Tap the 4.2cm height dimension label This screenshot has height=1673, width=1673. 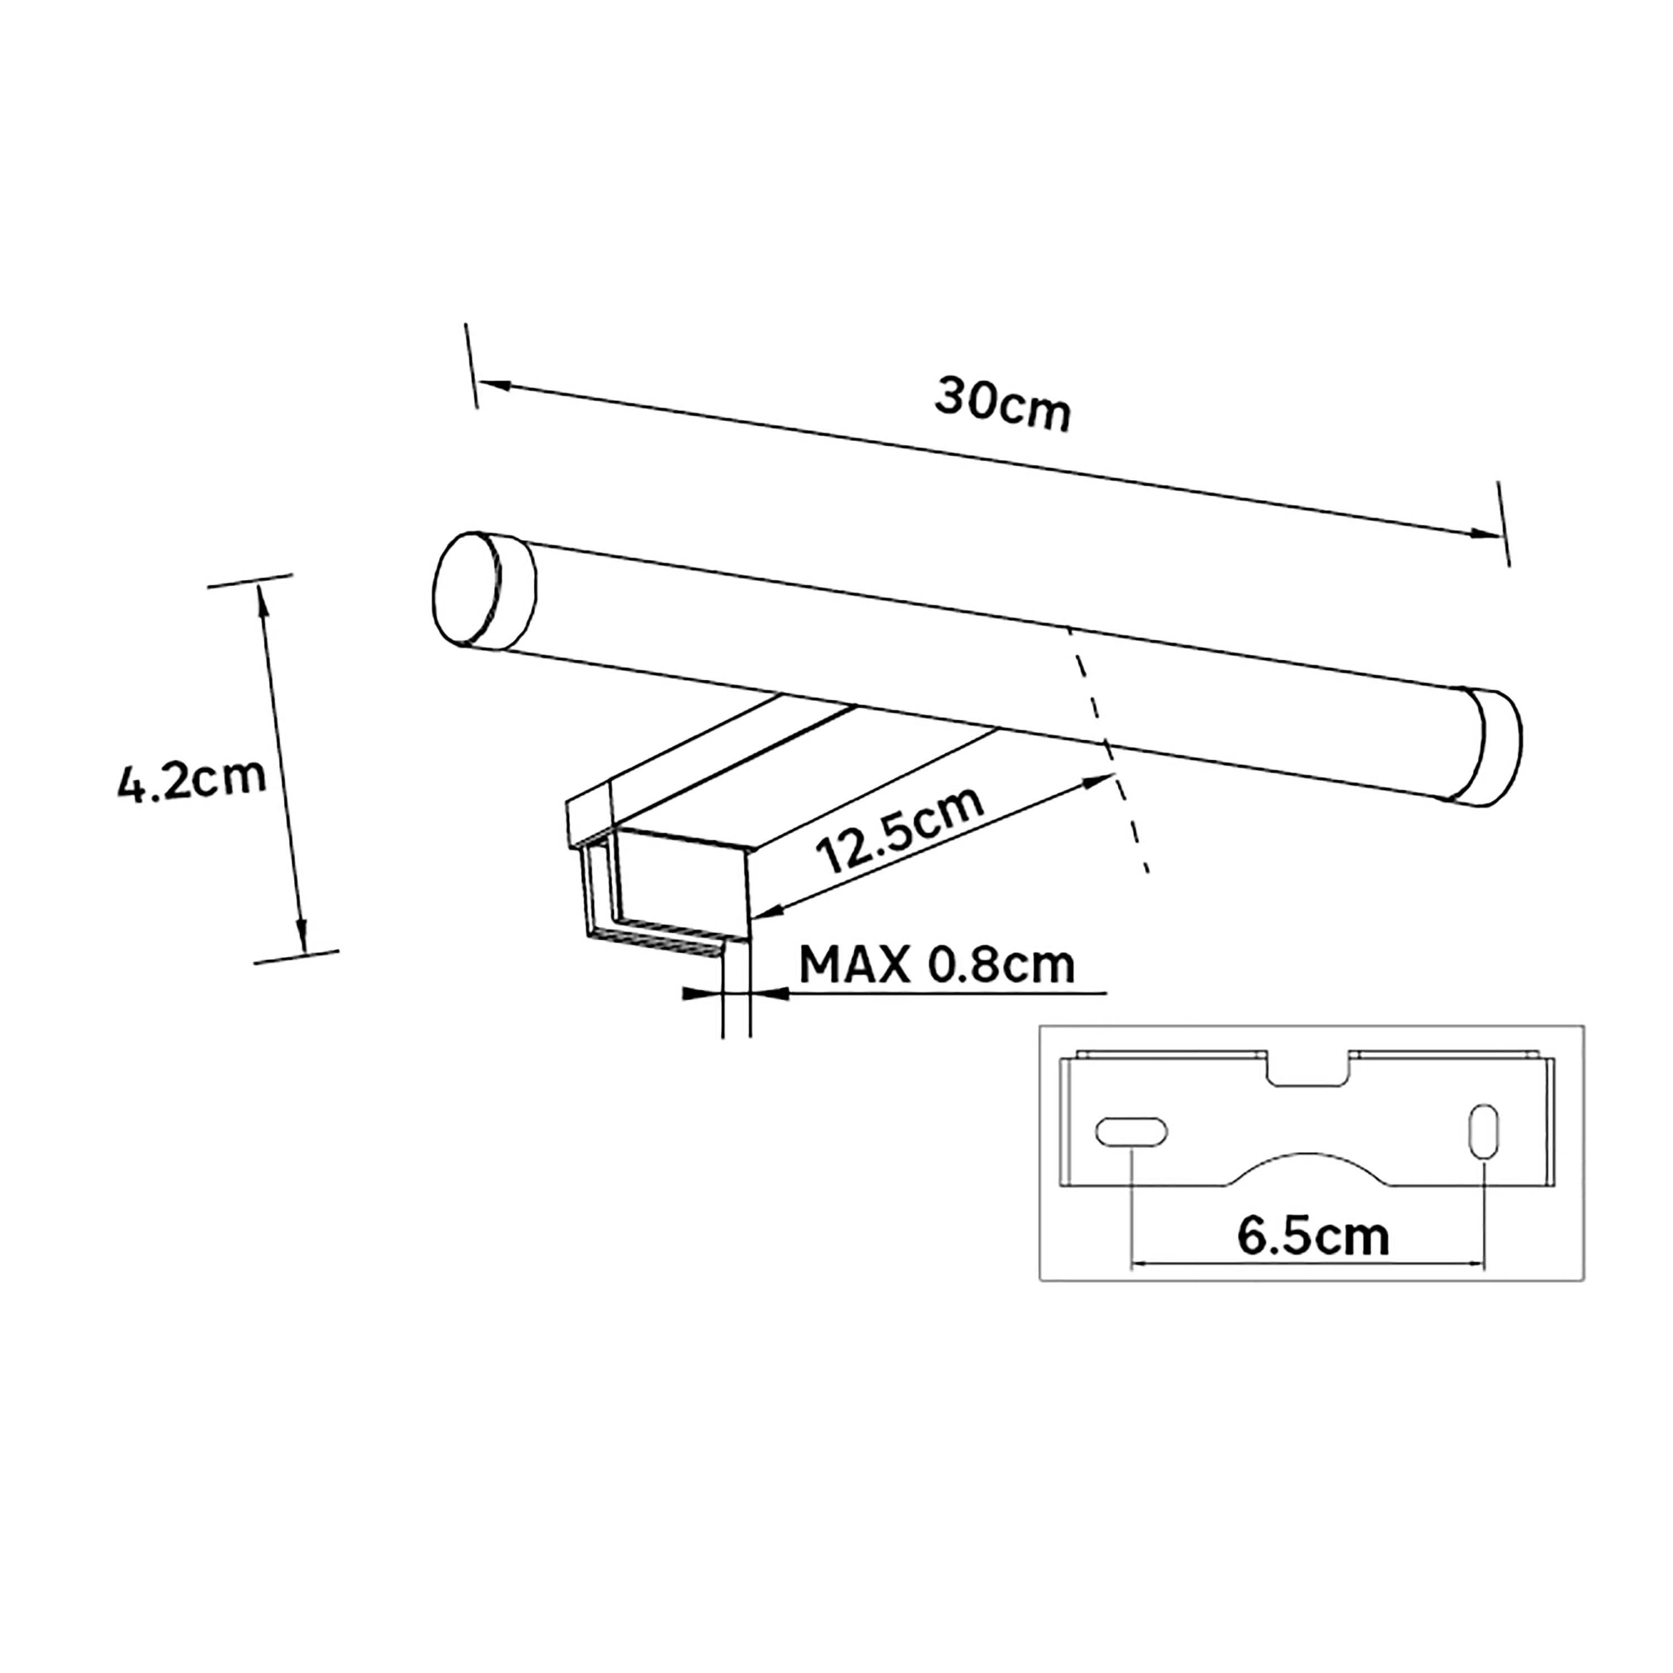click(192, 782)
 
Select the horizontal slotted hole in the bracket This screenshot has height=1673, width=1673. click(1131, 1133)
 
